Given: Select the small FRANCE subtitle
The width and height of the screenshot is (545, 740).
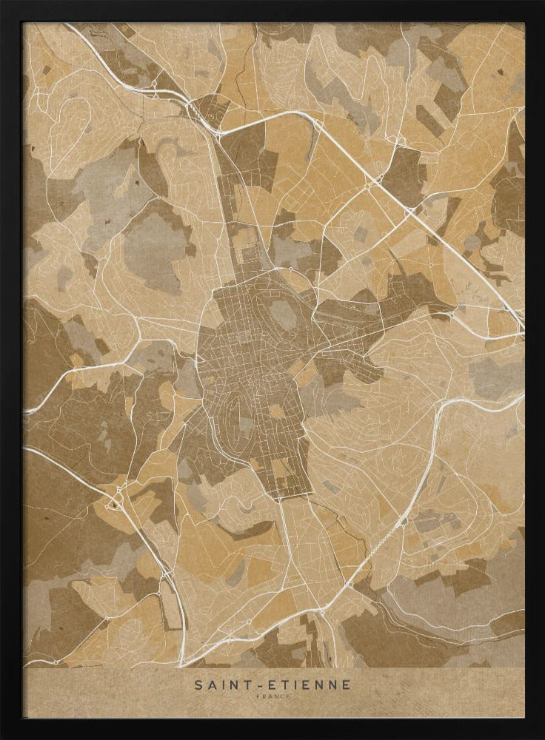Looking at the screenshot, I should (272, 696).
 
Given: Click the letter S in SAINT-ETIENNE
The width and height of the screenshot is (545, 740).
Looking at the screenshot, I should (198, 685).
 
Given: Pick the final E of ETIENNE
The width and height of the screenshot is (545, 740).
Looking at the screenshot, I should (347, 685).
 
